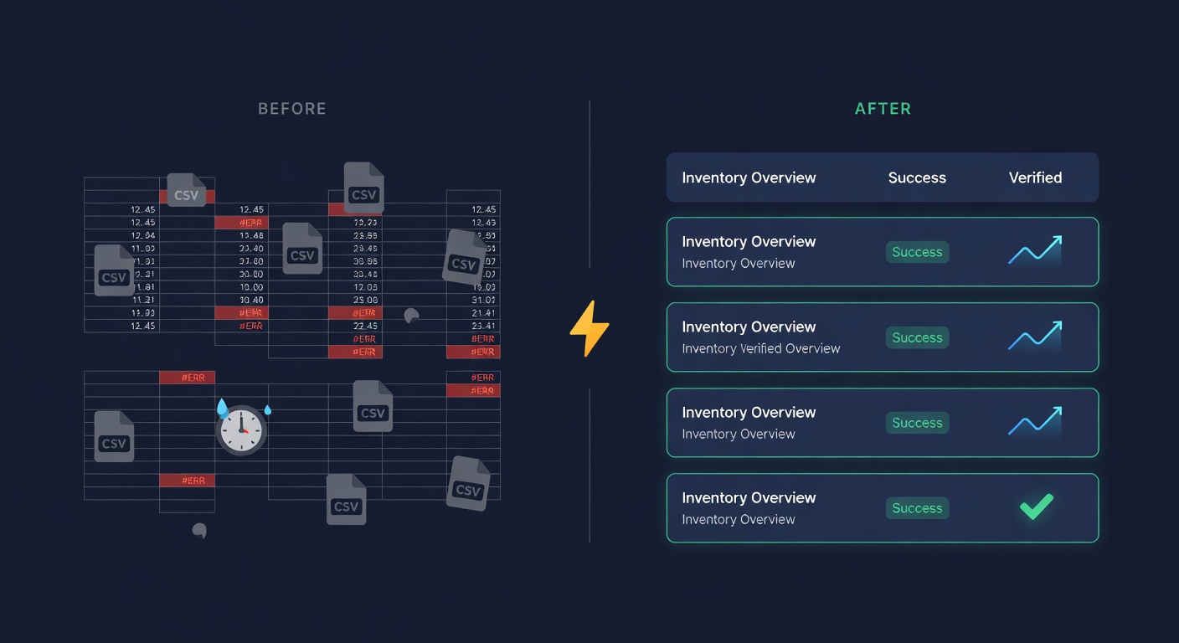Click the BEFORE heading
click(x=291, y=109)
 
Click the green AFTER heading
click(x=883, y=109)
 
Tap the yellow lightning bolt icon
click(x=589, y=329)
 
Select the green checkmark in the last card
click(x=1036, y=507)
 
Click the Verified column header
click(x=1035, y=177)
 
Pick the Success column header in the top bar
click(x=917, y=177)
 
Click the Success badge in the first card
click(x=917, y=252)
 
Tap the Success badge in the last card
click(x=917, y=508)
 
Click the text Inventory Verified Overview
click(x=760, y=348)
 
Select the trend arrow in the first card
click(x=1035, y=250)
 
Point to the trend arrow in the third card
click(x=1035, y=421)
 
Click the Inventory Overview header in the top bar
click(x=749, y=177)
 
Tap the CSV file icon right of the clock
click(x=373, y=407)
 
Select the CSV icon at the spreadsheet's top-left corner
click(x=186, y=190)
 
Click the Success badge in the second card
click(x=917, y=337)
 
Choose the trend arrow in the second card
click(x=1035, y=336)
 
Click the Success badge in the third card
click(x=917, y=423)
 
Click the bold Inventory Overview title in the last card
click(x=749, y=497)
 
